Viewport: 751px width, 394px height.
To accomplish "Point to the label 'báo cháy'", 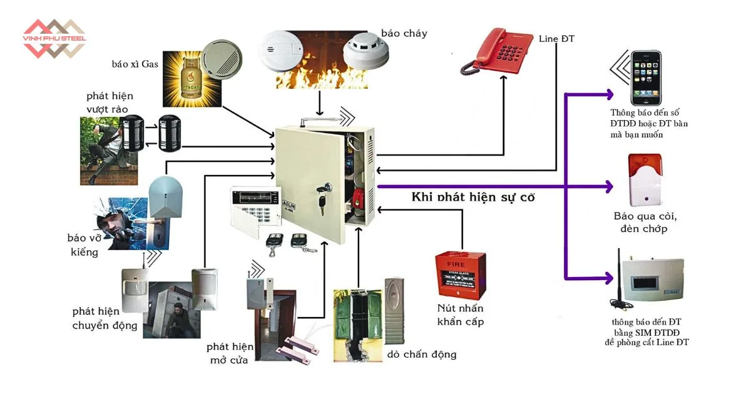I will coord(404,33).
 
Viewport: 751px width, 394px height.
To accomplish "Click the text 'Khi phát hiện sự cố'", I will coord(473,197).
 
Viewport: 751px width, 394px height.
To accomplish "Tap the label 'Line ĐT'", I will coord(556,39).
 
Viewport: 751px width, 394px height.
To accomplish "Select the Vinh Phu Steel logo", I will coord(54,39).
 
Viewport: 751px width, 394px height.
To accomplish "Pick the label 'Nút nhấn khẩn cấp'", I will coord(460,315).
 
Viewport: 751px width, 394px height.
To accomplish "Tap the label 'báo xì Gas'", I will coord(133,64).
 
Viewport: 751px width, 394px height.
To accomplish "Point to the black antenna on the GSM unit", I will coord(615,275).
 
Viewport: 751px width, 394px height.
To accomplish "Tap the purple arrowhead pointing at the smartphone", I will coord(608,94).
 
